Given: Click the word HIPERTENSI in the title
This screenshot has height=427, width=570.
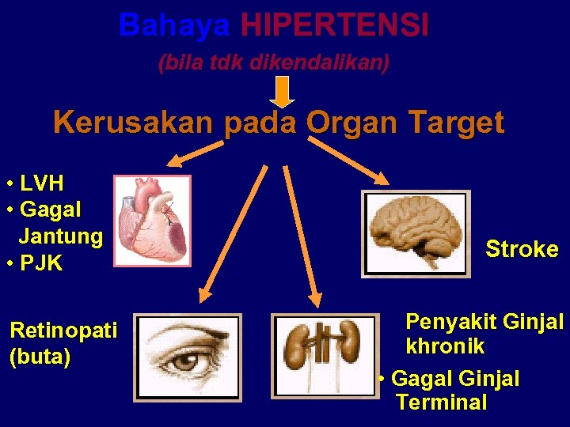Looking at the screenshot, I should (334, 26).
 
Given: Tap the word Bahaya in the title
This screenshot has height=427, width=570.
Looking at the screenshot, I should (174, 26).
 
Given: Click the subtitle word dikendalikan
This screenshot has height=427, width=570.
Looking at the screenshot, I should (319, 63).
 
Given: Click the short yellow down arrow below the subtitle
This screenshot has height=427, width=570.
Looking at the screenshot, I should (283, 92).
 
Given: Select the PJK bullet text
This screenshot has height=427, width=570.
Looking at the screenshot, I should (41, 263).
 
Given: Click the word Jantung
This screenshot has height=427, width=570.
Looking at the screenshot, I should (60, 236).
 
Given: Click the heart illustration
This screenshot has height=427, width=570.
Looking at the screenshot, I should (152, 220).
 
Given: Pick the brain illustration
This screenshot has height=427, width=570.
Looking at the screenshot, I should (416, 232).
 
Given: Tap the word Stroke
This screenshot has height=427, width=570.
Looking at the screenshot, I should (522, 250).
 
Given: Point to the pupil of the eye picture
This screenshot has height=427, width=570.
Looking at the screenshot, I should (186, 362).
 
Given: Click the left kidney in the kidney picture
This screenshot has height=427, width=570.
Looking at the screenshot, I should (299, 346).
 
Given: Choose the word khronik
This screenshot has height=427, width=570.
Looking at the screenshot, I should (444, 347).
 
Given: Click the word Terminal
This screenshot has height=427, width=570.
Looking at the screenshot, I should (442, 402).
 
